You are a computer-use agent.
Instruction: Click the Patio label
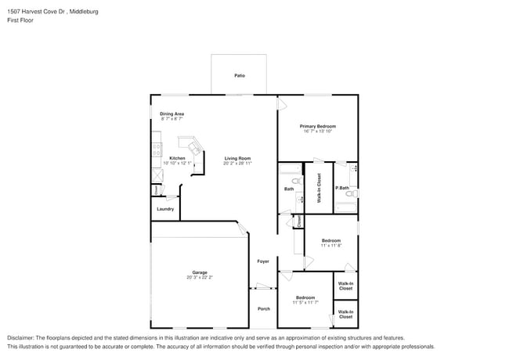coord(240,76)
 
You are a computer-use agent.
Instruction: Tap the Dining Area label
coord(172,114)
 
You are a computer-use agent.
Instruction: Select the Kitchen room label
coord(177,158)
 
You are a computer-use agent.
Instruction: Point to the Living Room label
coord(237,158)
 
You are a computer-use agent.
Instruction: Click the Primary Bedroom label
coord(318,126)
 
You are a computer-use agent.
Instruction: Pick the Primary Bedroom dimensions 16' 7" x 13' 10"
coord(318,131)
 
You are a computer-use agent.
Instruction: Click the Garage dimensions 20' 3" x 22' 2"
coord(200,277)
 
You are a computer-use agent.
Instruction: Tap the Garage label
coord(200,272)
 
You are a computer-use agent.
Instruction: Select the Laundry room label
coord(165,209)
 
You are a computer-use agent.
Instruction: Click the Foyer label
coord(263,261)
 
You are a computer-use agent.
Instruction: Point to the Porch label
coord(264,308)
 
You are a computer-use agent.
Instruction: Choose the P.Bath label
coord(341,188)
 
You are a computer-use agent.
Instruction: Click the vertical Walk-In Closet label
coord(319,189)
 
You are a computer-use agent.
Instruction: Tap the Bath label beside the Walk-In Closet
coord(289,189)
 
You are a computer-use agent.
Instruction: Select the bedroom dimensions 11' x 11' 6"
coord(330,246)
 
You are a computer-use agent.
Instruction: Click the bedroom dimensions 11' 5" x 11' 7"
coord(305,302)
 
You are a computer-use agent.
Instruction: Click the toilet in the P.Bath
coord(352,190)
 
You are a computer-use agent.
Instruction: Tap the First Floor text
coord(20,20)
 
